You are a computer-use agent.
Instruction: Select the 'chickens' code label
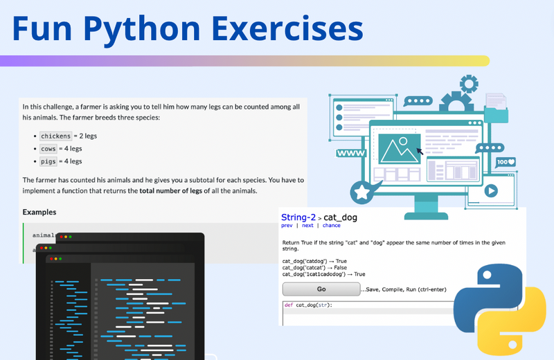tap(55, 136)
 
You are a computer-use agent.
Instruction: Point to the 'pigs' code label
tap(48, 161)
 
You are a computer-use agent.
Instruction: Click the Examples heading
tap(39, 212)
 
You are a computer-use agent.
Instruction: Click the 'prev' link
tap(287, 225)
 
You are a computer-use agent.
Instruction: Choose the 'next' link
tap(307, 225)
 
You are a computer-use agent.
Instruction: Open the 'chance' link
tap(331, 225)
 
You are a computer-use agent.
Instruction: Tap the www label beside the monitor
tap(351, 153)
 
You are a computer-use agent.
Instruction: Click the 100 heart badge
tap(506, 162)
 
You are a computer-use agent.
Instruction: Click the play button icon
tap(490, 190)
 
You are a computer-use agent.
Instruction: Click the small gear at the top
tap(469, 84)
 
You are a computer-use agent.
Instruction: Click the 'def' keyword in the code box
tap(290, 305)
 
